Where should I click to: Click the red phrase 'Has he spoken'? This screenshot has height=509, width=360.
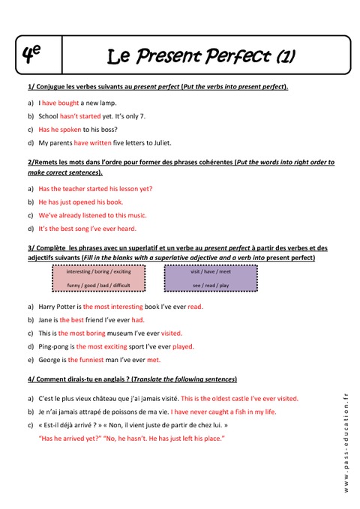[61, 129]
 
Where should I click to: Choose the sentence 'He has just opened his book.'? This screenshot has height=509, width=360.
[80, 202]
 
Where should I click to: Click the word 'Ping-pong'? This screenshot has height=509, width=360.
[53, 346]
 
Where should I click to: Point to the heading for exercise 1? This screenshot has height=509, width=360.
[157, 87]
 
